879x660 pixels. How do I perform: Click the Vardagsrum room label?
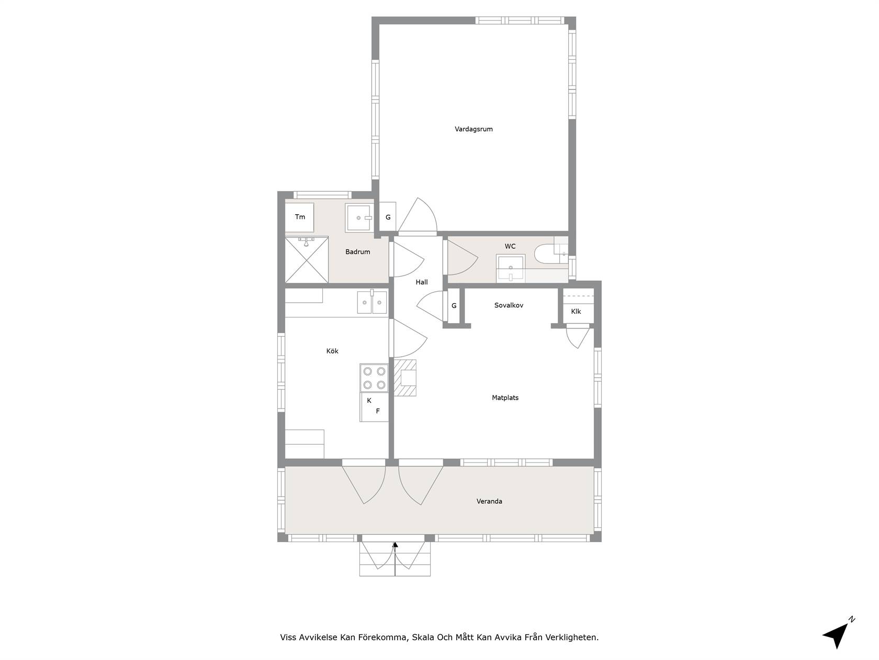[x=474, y=129]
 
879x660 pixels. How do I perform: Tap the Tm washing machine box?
[x=300, y=217]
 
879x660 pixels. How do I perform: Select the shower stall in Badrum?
[x=307, y=260]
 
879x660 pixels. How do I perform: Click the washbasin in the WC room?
[x=511, y=268]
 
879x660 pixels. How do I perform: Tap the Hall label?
[x=422, y=282]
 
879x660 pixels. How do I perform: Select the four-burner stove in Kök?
[x=374, y=378]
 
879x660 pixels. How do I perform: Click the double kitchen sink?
[x=372, y=302]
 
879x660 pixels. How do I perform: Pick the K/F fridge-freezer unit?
[x=374, y=407]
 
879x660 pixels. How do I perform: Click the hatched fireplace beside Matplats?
[x=405, y=378]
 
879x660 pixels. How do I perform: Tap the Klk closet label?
[x=576, y=311]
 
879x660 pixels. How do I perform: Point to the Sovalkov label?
[x=509, y=305]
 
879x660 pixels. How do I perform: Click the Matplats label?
[x=505, y=398]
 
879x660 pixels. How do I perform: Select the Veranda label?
[x=489, y=501]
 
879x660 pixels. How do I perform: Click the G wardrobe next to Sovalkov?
[x=454, y=306]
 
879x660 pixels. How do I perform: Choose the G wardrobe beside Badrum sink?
[x=388, y=217]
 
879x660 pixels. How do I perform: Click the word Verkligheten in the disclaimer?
[x=573, y=637]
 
